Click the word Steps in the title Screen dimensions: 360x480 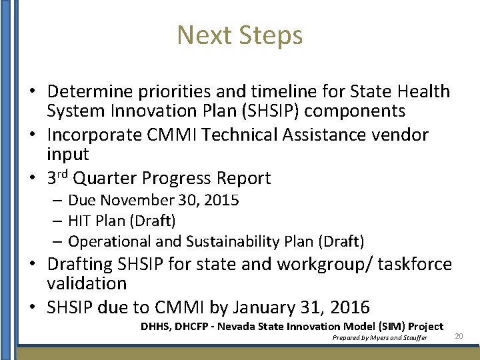[x=273, y=35]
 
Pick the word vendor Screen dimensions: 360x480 [x=399, y=135]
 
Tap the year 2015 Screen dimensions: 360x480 [x=219, y=200]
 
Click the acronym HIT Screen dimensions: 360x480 [x=80, y=220]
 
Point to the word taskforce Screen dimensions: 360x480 [x=415, y=264]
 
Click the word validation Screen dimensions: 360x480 [x=87, y=283]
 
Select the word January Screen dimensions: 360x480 [x=250, y=307]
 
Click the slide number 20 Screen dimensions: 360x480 [x=459, y=337]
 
